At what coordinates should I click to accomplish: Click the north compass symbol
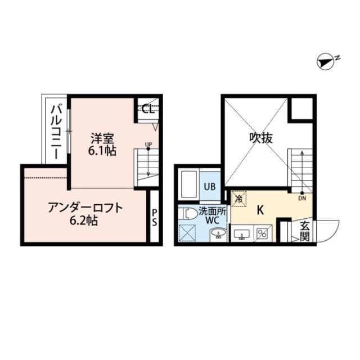326,62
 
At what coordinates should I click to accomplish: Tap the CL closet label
148,110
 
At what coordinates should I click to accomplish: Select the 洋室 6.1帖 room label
102,145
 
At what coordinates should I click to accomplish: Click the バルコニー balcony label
56,132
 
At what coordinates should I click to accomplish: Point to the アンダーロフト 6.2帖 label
85,214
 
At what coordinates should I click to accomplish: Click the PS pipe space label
154,218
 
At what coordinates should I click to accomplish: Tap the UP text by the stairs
148,145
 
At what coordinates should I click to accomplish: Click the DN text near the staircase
302,199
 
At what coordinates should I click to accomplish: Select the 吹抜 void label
261,138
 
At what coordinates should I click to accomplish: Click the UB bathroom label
210,187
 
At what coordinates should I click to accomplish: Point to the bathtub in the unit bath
189,185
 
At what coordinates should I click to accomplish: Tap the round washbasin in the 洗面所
218,234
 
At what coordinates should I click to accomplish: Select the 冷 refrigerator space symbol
238,199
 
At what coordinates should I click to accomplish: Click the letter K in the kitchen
260,210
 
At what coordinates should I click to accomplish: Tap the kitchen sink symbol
242,234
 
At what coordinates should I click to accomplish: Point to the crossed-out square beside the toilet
187,233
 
